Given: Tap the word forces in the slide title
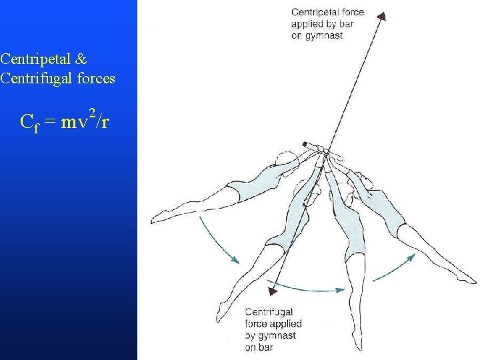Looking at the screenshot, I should click(x=97, y=79).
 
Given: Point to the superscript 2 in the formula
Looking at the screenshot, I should click(x=91, y=111).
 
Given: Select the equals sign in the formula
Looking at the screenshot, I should click(x=50, y=122).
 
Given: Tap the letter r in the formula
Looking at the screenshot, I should click(x=107, y=122).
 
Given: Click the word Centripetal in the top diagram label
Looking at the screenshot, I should click(x=315, y=13).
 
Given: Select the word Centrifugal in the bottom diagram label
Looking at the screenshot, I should click(x=269, y=312).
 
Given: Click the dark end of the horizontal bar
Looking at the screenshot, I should click(x=305, y=143).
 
